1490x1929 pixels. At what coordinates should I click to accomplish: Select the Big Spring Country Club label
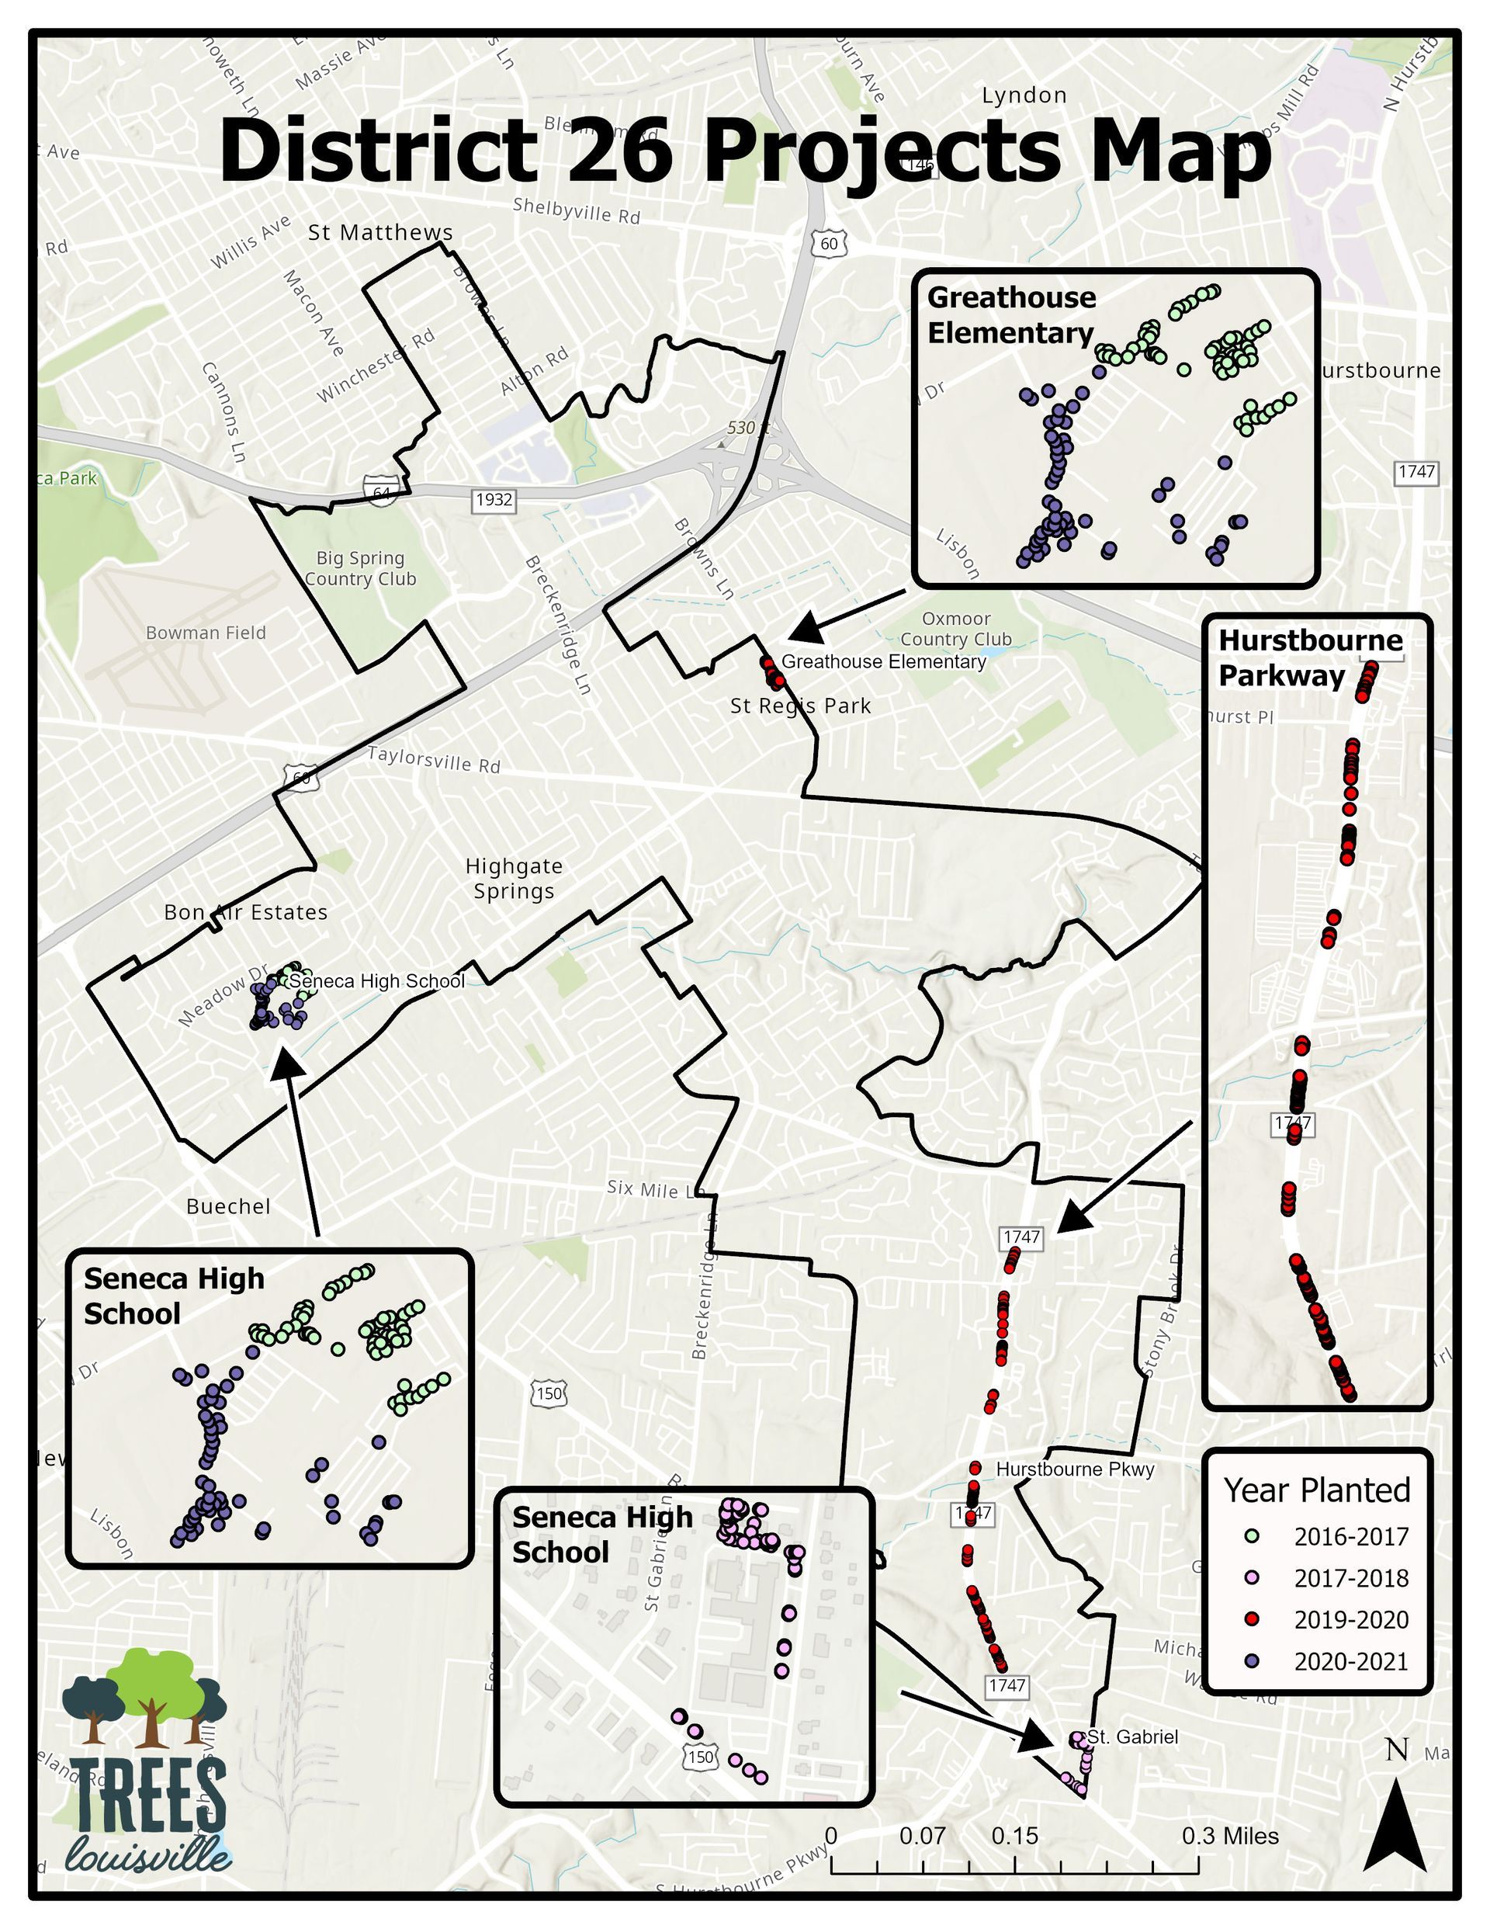359,569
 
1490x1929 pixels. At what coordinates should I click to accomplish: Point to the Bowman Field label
206,633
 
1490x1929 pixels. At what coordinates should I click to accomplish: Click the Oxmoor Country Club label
957,629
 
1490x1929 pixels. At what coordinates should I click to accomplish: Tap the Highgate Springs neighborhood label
514,879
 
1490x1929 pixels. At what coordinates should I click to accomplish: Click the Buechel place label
228,1206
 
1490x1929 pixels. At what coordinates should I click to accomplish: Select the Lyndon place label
1024,95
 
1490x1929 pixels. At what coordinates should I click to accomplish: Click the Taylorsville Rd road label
434,760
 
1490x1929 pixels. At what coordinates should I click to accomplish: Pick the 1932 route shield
494,500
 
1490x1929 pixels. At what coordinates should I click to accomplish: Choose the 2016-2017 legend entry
1350,1538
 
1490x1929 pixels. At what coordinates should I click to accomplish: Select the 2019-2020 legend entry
1350,1621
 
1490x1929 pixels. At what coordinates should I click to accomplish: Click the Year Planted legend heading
1316,1491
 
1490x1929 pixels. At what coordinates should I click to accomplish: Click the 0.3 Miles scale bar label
1229,1837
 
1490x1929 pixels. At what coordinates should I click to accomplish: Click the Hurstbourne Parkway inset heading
1310,658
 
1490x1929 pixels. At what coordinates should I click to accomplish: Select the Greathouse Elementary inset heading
1011,315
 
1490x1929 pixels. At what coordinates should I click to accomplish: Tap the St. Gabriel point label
1132,1737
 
